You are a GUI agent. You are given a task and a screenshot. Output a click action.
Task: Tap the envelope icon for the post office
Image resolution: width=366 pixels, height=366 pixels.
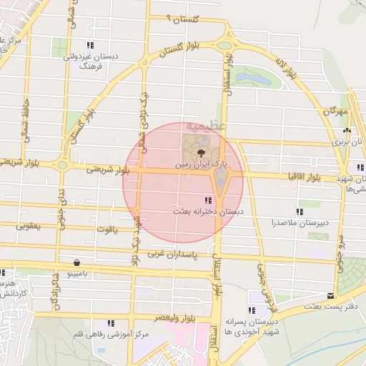click(x=330, y=295)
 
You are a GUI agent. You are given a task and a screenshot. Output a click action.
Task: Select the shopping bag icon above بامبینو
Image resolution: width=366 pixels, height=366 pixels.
click(x=76, y=262)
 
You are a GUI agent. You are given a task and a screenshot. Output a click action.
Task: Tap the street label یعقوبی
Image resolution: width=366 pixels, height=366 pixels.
click(x=28, y=226)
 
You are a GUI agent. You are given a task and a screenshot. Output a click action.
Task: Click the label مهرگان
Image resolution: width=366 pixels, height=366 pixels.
click(x=334, y=112)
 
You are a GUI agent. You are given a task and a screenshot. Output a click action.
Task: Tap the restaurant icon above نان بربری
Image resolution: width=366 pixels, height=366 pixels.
click(x=347, y=131)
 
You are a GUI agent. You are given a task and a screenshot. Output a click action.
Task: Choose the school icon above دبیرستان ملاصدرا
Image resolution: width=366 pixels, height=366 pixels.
click(x=300, y=211)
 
